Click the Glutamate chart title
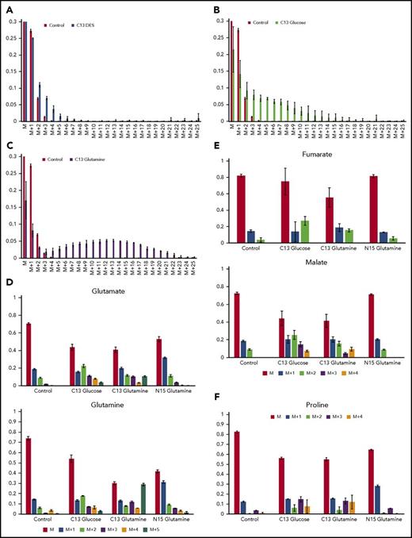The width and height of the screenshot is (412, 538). [x=112, y=291]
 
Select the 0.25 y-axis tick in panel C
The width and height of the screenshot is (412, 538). [x=11, y=175]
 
